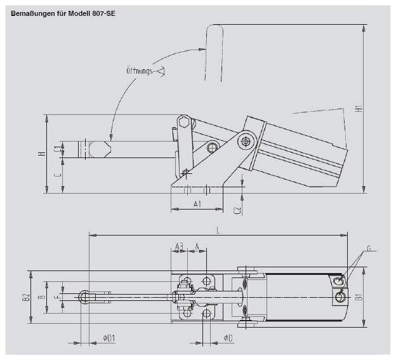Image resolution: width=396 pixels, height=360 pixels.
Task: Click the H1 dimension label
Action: click(x=359, y=109)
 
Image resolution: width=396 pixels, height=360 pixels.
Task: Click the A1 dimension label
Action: click(x=197, y=204)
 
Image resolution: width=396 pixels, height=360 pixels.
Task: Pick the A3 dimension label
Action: click(x=179, y=246)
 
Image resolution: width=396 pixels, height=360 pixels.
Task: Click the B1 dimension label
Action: click(x=359, y=297)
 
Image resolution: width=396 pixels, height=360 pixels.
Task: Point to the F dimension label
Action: click(x=56, y=297)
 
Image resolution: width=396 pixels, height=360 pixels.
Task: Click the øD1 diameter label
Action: click(x=109, y=338)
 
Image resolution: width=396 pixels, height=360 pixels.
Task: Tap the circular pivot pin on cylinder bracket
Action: click(x=246, y=140)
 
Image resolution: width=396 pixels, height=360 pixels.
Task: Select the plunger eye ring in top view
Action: click(x=85, y=296)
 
